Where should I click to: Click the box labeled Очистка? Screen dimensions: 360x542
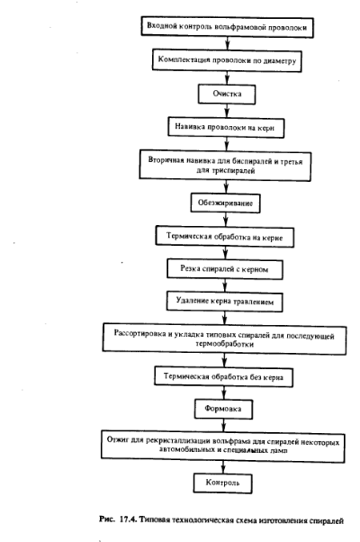pos(227,94)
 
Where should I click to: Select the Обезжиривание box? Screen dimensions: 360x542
pos(225,203)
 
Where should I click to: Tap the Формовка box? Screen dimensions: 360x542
pos(223,409)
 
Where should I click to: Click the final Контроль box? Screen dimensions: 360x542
pos(223,483)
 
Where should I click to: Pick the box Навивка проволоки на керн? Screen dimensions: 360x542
pos(226,128)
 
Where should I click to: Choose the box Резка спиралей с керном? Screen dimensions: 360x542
pos(225,269)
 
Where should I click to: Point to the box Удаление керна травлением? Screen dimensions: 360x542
pos(225,302)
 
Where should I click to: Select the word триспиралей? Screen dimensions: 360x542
pos(234,171)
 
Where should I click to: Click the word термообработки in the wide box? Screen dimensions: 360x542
pos(225,344)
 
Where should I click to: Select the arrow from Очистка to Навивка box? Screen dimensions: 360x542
pos(227,111)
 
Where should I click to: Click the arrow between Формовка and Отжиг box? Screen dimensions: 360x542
pos(223,425)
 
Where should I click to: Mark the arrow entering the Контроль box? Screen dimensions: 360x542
pos(223,467)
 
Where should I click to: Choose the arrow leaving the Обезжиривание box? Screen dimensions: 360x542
pos(225,220)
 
